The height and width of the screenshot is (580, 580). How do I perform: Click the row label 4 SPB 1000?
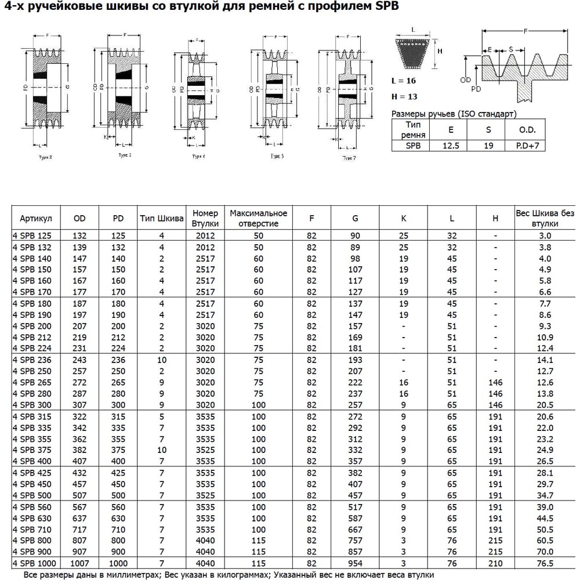(34, 563)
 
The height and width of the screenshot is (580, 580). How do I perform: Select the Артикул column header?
(36, 218)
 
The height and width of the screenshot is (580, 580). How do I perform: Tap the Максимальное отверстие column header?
(258, 218)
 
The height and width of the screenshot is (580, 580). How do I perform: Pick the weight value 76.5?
(545, 563)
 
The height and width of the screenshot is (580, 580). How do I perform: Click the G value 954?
(355, 563)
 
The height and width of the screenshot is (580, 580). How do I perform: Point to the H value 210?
(495, 563)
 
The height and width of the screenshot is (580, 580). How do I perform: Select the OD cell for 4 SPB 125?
(79, 235)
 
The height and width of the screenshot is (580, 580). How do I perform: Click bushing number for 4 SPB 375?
(205, 450)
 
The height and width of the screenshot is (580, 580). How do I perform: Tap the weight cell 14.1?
(545, 360)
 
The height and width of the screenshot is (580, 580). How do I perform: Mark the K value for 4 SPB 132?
(404, 247)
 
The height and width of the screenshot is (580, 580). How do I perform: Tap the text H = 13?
(404, 96)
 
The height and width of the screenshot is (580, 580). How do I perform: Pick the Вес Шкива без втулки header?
(545, 218)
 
